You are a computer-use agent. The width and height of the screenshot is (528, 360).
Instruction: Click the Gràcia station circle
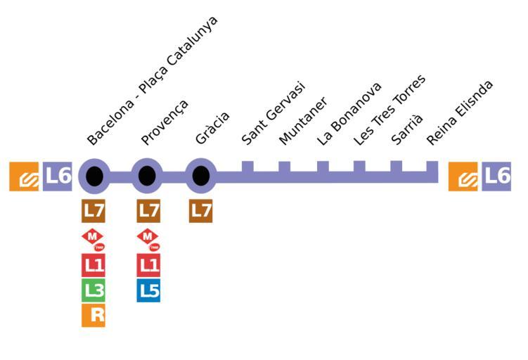click(201, 176)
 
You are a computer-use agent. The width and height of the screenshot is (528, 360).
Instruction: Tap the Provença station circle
click(147, 176)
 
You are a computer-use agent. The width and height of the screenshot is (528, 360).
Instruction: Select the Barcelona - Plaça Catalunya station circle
click(94, 176)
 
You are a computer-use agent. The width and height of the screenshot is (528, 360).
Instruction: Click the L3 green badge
click(94, 290)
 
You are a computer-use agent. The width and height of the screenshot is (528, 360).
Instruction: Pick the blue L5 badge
click(148, 290)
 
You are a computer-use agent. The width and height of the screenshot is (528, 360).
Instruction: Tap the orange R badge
click(94, 315)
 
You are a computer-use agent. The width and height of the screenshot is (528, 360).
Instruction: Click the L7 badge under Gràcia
click(201, 210)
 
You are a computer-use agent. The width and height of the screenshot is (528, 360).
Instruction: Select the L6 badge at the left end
click(58, 176)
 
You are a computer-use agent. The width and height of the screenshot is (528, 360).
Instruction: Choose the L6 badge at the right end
click(496, 176)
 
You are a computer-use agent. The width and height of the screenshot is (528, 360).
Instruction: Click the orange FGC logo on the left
click(24, 176)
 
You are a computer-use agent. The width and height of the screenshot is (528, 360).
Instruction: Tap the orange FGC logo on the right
click(463, 176)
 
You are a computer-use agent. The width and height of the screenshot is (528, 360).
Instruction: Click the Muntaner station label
click(303, 121)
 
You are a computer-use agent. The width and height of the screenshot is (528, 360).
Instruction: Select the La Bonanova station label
click(349, 113)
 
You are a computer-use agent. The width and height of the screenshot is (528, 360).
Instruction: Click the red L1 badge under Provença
click(148, 265)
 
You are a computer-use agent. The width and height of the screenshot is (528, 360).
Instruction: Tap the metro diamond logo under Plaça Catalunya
click(94, 239)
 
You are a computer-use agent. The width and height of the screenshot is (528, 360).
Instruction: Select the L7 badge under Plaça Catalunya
click(94, 210)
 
